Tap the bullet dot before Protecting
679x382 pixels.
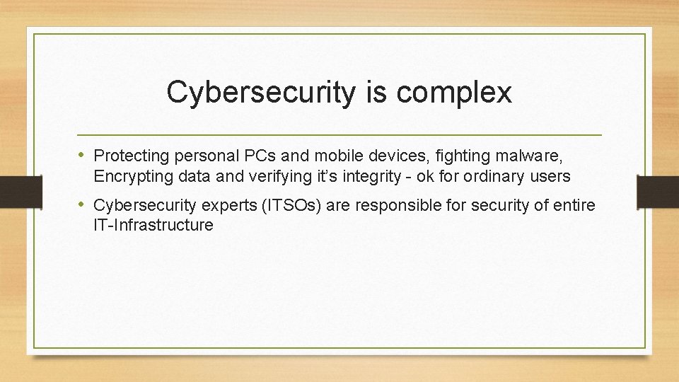click(82, 154)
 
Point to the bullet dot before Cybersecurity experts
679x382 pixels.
click(82, 205)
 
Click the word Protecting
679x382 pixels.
click(129, 155)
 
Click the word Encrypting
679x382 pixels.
click(129, 175)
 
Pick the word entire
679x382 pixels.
click(574, 206)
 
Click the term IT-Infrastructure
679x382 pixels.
click(153, 226)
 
